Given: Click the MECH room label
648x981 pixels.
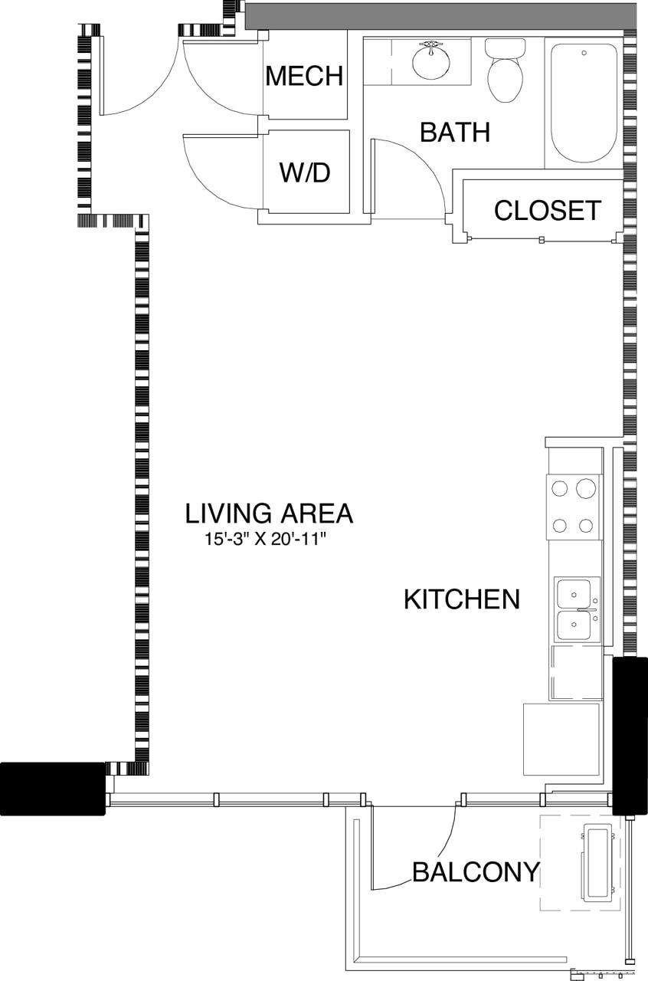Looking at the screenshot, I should click(304, 76).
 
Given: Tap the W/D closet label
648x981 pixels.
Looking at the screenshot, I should click(304, 172).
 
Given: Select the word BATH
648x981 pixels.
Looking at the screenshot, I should click(455, 133).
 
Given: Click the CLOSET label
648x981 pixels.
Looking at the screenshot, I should click(547, 210).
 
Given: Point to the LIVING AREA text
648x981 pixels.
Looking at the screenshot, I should click(269, 513).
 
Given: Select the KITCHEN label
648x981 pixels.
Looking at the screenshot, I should click(462, 599).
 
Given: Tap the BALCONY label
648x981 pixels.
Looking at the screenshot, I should click(476, 871).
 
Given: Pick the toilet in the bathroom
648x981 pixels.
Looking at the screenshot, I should click(505, 73).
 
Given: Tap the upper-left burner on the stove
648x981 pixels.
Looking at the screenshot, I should click(561, 488).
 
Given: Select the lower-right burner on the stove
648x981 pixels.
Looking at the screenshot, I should click(586, 526).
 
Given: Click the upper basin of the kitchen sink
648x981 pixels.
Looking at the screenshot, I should click(574, 592).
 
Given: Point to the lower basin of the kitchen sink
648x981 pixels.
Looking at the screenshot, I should click(574, 625).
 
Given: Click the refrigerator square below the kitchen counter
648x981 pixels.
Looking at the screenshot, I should click(561, 739).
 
